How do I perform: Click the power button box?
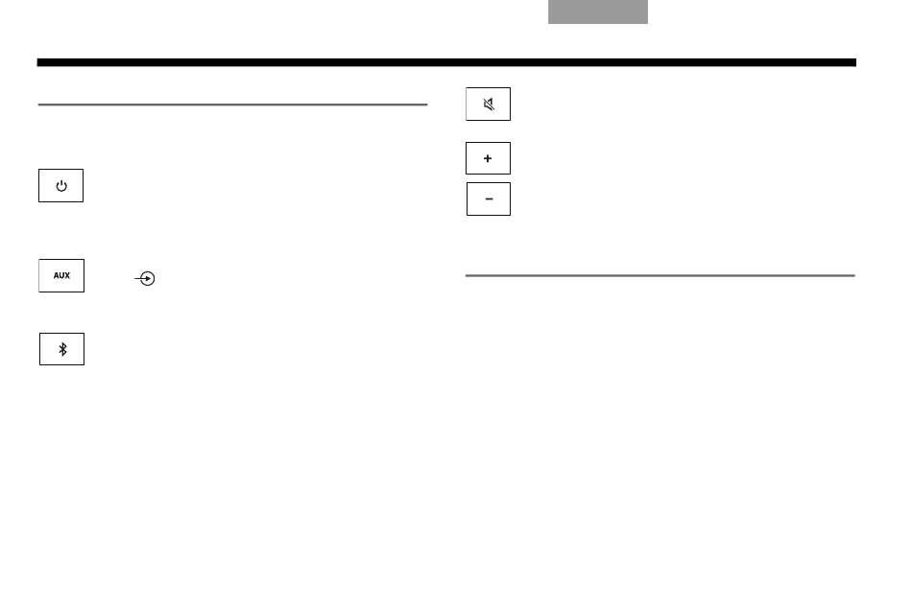pos(61,186)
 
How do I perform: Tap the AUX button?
pos(61,275)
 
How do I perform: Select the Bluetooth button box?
pos(61,349)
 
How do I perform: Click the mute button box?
pos(488,105)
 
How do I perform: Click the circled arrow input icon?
pos(146,278)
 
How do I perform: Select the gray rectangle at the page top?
pos(597,12)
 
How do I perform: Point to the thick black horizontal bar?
pos(445,62)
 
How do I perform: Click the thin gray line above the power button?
pos(232,105)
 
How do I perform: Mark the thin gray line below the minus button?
pos(660,276)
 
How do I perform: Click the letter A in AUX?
pos(56,275)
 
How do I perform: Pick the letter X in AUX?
pos(67,275)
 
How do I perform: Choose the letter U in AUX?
pos(61,275)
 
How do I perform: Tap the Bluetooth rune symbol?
pos(62,349)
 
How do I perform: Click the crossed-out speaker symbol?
pos(489,105)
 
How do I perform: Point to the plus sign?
pos(488,158)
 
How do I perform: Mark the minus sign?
pos(489,199)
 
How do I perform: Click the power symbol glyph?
pos(61,186)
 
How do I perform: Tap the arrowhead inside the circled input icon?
pos(148,278)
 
